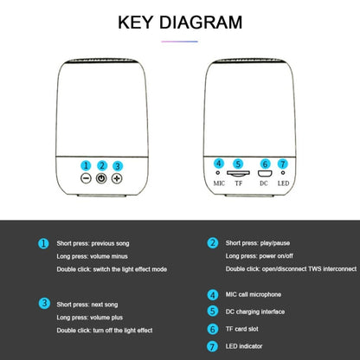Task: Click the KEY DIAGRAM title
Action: [180, 22]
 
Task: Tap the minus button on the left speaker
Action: [86, 178]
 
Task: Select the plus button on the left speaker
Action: [117, 178]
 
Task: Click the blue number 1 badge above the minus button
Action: [86, 165]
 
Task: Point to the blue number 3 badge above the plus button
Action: [118, 166]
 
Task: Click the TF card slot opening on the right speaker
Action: [238, 173]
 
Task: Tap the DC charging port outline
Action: [265, 174]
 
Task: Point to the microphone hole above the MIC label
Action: [218, 173]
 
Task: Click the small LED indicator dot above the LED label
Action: [283, 173]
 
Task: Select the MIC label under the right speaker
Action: [219, 183]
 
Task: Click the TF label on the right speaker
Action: [239, 183]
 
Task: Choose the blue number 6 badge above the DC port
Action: [265, 164]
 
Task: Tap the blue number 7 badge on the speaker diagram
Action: [283, 164]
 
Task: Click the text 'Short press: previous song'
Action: [93, 243]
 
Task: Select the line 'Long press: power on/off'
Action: [260, 256]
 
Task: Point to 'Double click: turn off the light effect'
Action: [105, 331]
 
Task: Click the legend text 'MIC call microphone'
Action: [254, 294]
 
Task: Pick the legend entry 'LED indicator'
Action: [244, 346]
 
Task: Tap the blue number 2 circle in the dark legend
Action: [213, 243]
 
